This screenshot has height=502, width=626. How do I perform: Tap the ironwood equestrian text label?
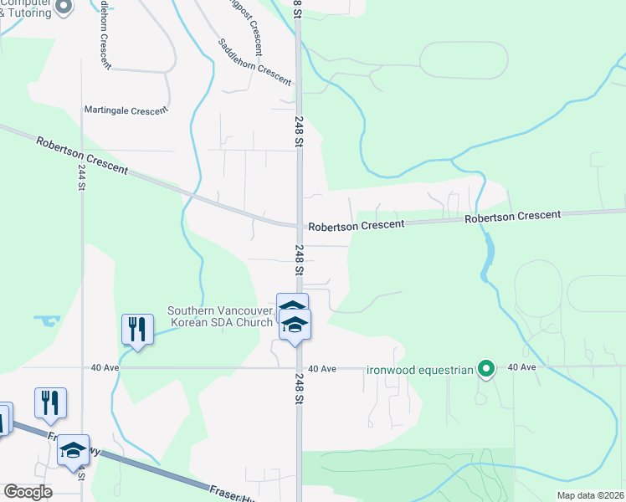tap(421, 369)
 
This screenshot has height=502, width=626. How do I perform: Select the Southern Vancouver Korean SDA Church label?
tap(220, 315)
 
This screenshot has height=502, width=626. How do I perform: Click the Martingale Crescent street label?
tap(126, 110)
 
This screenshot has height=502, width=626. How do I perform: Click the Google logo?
tap(28, 492)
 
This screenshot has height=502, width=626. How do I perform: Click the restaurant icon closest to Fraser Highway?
tap(49, 402)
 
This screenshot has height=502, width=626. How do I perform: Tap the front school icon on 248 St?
tap(294, 325)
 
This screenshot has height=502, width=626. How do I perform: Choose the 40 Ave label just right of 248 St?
tap(321, 369)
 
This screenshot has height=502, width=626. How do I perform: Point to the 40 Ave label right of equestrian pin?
tap(521, 367)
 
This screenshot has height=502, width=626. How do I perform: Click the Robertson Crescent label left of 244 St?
tap(82, 156)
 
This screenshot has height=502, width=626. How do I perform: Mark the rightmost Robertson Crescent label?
tap(513, 216)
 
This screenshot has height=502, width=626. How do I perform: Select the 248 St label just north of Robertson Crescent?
tap(299, 132)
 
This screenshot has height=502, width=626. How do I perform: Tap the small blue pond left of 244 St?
tap(47, 320)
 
